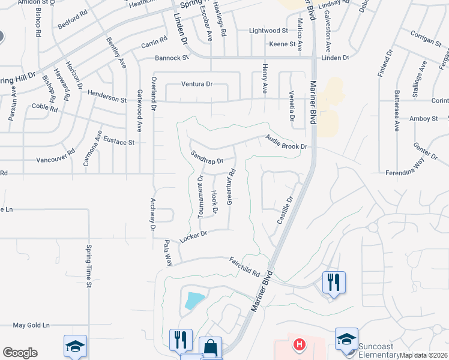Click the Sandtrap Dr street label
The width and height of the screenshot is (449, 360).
(206, 157)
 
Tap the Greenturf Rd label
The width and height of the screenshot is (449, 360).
(229, 187)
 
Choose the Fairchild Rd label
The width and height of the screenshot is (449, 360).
(244, 266)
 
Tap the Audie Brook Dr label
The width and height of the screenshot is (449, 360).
(286, 142)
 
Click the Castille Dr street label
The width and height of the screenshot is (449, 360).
(285, 210)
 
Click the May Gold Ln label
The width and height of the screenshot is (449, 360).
(31, 325)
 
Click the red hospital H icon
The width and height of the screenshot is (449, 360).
(298, 345)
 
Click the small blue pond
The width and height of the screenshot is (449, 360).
(194, 299)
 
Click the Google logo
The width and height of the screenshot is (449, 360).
(20, 353)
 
